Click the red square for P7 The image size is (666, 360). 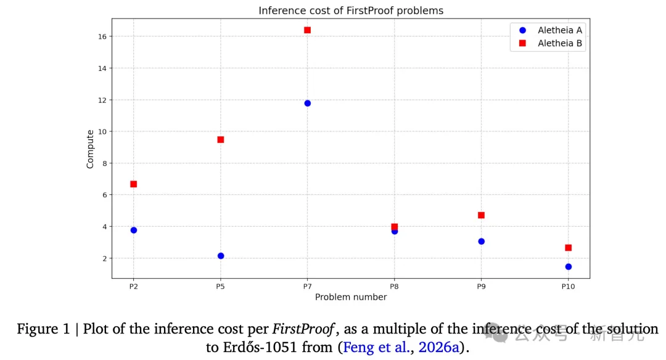tap(307, 30)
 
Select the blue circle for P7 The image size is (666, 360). tap(307, 103)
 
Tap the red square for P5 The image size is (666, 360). tap(221, 139)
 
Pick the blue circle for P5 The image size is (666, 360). tap(221, 256)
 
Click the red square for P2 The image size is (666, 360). tap(133, 184)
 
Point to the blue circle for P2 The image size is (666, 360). tap(133, 230)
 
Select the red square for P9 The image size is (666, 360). tap(481, 215)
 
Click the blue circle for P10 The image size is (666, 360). tap(568, 267)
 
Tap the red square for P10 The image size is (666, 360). tap(568, 248)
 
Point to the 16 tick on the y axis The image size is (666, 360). tap(103, 37)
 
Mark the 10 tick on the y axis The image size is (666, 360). tap(103, 132)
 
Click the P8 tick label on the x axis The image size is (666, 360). tap(394, 287)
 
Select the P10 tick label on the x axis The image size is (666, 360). tap(568, 287)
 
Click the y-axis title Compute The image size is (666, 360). tap(90, 149)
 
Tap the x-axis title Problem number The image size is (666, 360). tap(351, 297)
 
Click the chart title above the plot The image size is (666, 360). tap(351, 10)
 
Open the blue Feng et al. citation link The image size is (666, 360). tap(376, 347)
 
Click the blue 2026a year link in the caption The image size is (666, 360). tap(438, 347)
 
